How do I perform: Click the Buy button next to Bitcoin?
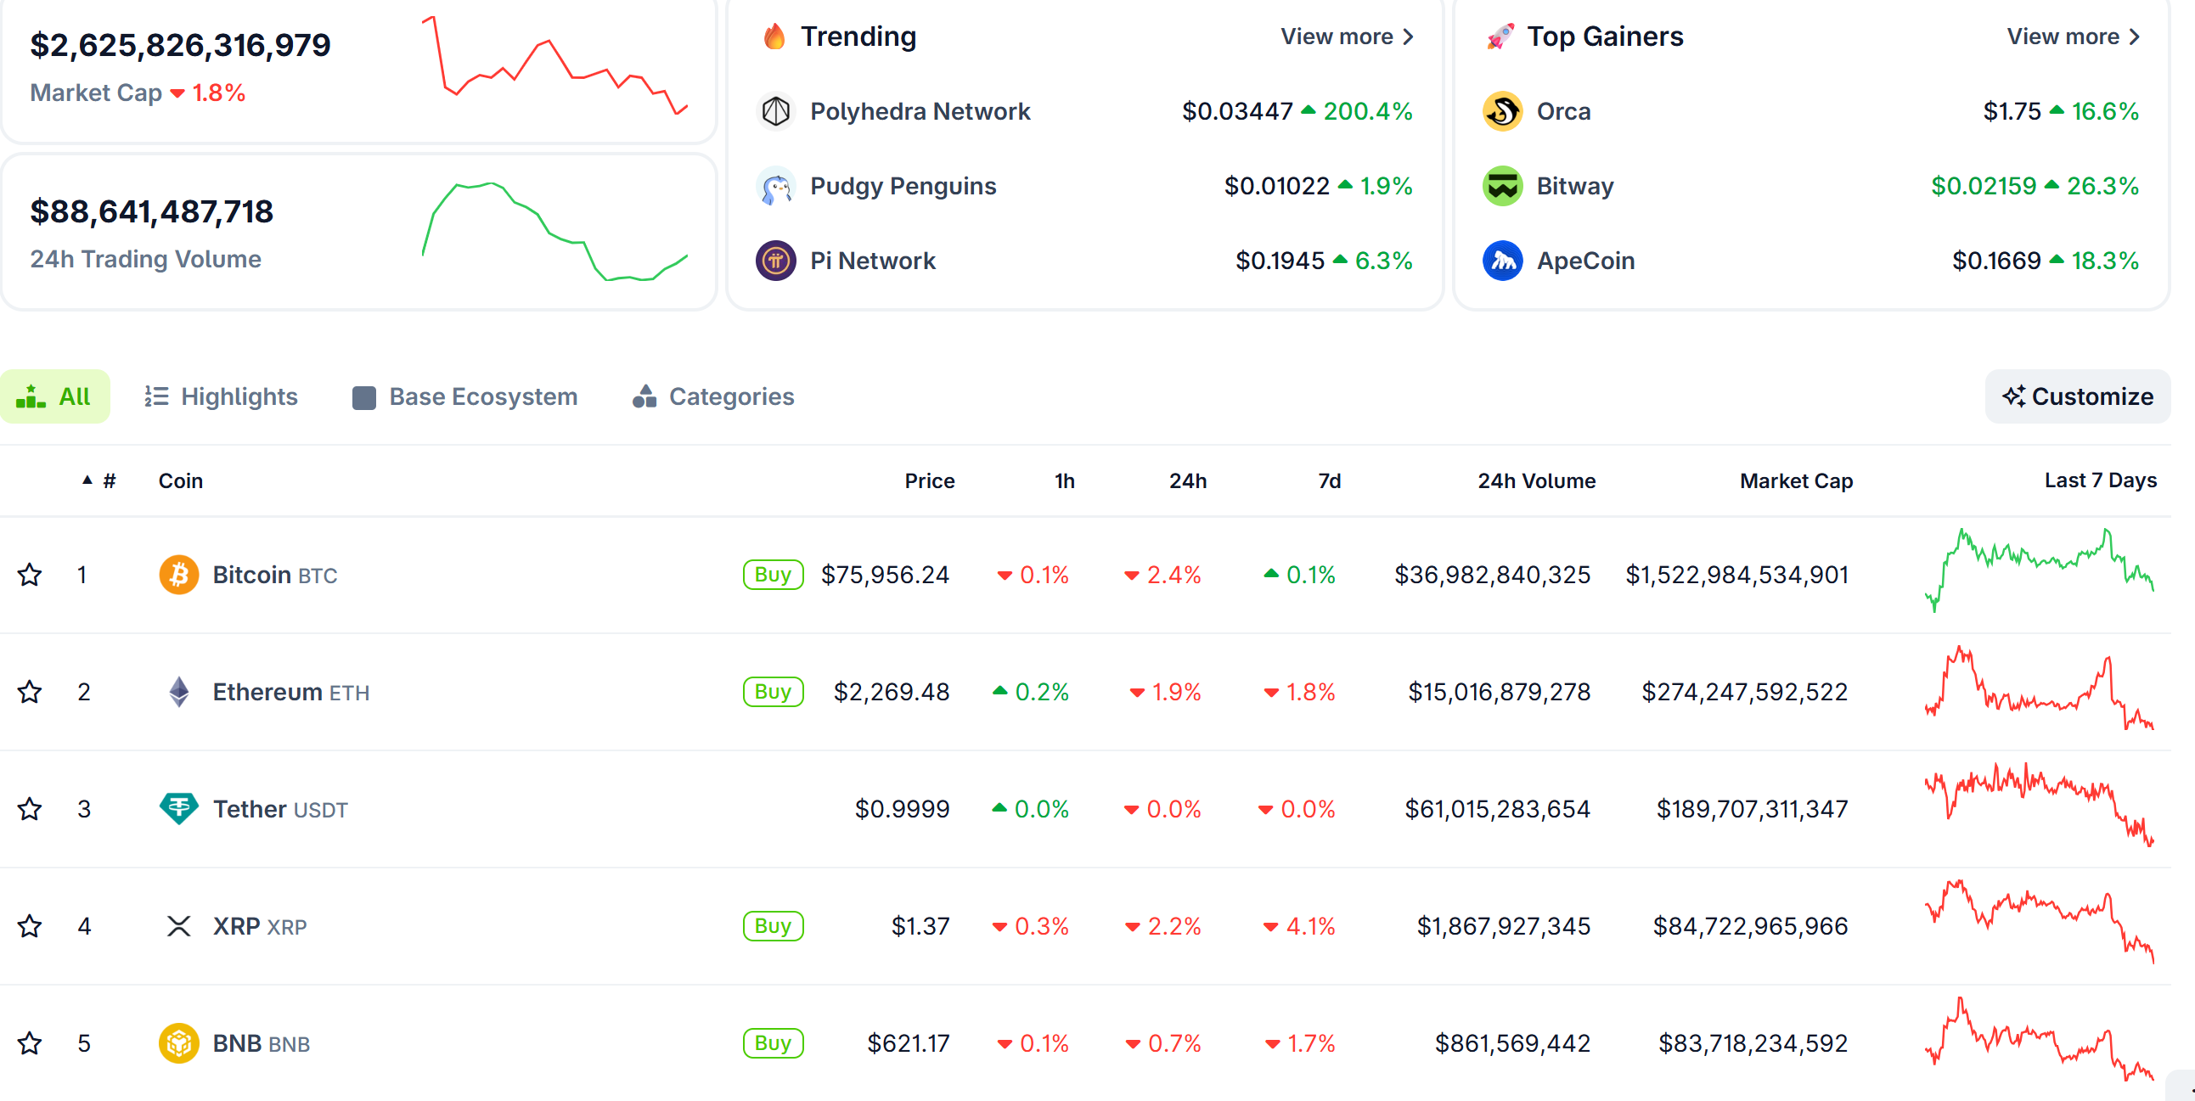click(x=772, y=575)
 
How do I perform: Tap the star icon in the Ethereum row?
click(x=30, y=691)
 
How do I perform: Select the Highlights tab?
click(x=221, y=396)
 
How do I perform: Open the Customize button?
click(x=2078, y=396)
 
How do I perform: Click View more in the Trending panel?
click(x=1347, y=37)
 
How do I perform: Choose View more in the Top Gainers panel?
click(x=2072, y=37)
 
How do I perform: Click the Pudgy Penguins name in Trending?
click(x=903, y=186)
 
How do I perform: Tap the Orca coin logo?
click(x=1502, y=112)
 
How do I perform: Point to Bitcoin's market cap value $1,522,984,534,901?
click(x=1736, y=575)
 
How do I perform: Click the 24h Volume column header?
click(x=1535, y=480)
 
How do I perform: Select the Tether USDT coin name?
click(x=279, y=809)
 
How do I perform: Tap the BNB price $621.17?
click(x=908, y=1043)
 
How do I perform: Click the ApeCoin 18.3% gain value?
click(x=2104, y=261)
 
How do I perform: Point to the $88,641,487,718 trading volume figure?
click(x=152, y=211)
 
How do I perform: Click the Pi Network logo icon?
click(x=775, y=261)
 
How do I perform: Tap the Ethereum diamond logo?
click(x=179, y=691)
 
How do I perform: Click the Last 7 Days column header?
click(x=2100, y=480)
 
